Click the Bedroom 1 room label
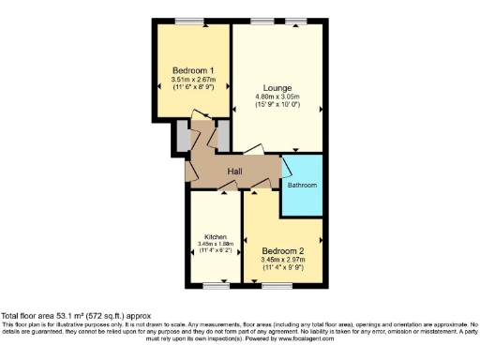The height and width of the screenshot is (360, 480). [193, 71]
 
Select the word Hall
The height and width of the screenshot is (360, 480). [235, 171]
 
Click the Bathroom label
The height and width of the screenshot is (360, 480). [302, 186]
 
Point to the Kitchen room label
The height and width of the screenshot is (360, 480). [215, 237]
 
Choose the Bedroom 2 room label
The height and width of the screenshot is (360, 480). [284, 252]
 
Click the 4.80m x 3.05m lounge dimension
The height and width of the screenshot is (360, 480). [277, 97]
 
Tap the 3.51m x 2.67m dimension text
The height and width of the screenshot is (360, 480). [193, 81]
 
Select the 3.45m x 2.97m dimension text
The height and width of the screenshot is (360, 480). [284, 262]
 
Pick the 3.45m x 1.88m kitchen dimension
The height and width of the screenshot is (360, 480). [215, 245]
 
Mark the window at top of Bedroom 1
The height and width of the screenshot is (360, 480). [193, 21]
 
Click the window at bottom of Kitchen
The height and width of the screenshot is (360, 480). [215, 286]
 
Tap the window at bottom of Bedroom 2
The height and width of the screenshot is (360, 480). [284, 286]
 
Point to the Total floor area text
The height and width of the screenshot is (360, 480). [75, 317]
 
